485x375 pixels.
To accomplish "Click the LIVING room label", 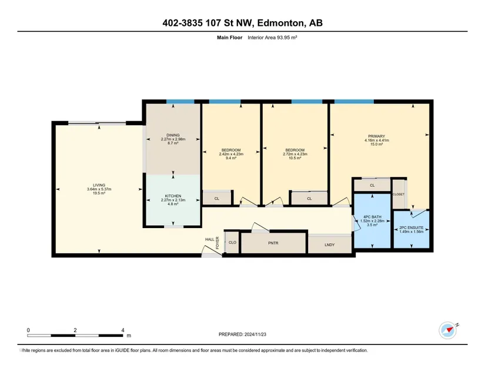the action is [x=99, y=185].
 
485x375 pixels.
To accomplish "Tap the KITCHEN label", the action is [x=173, y=196].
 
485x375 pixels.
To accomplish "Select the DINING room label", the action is [x=173, y=135].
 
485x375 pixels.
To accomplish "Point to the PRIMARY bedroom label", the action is [x=376, y=136].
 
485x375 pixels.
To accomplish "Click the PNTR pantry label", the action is [x=273, y=243].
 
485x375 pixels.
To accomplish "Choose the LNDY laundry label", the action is [x=330, y=245].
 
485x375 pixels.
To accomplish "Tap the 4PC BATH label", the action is [x=372, y=217].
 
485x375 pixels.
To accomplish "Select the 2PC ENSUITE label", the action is [x=412, y=227].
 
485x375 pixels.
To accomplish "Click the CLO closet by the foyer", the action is [x=232, y=242].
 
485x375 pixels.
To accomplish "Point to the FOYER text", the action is [x=218, y=243].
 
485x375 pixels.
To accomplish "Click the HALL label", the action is [x=210, y=239].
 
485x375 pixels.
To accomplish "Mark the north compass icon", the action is [x=448, y=330].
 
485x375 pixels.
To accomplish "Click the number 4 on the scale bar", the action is [x=123, y=330].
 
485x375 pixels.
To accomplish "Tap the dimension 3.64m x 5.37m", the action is [x=99, y=189].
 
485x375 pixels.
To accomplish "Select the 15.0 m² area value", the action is [x=376, y=144].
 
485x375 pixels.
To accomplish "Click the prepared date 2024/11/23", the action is [x=255, y=334].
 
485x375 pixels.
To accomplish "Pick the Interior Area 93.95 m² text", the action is [x=273, y=38].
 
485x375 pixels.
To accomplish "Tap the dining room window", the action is [x=180, y=102].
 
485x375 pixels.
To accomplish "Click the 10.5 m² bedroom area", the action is [x=295, y=158].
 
